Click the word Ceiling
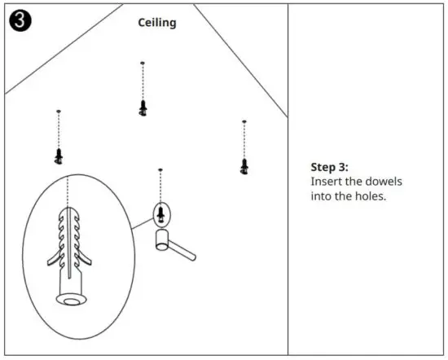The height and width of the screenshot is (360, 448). point(156,23)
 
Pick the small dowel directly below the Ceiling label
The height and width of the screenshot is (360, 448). point(143,108)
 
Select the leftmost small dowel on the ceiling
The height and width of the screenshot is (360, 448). point(59,155)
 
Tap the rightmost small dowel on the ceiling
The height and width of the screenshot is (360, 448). point(244,166)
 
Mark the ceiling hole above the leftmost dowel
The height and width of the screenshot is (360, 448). point(59,111)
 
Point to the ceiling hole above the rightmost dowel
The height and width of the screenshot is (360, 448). point(244,122)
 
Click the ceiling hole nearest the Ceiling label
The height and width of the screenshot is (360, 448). point(143,63)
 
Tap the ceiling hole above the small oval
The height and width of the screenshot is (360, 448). point(160,170)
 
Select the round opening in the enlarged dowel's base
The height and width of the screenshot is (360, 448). point(72,299)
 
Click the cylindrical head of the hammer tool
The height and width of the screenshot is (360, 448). point(162,239)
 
